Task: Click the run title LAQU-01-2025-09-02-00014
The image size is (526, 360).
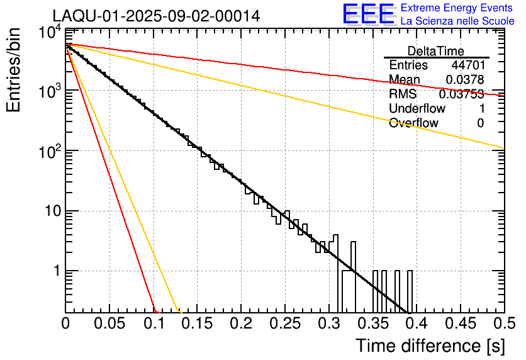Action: tap(156, 16)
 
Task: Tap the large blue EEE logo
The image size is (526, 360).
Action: tap(368, 15)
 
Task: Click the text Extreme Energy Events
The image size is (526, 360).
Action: tap(457, 8)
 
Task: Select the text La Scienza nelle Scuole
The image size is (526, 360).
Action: tap(457, 21)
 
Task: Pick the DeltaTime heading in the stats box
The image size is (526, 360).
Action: tap(436, 51)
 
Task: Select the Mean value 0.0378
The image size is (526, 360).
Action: tap(464, 80)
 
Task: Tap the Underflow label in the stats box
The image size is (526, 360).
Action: tap(417, 108)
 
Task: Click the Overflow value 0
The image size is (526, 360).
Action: tap(480, 123)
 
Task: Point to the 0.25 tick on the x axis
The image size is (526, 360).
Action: tap(285, 323)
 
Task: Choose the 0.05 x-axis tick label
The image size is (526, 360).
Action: tap(109, 323)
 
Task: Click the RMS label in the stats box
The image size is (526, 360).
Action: tap(403, 94)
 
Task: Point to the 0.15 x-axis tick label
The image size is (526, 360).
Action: tap(197, 323)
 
